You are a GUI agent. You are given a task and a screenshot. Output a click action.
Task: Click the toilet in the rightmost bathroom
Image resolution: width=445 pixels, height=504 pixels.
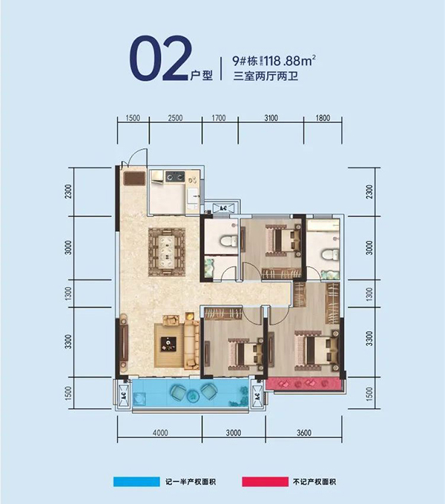[326, 255]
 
